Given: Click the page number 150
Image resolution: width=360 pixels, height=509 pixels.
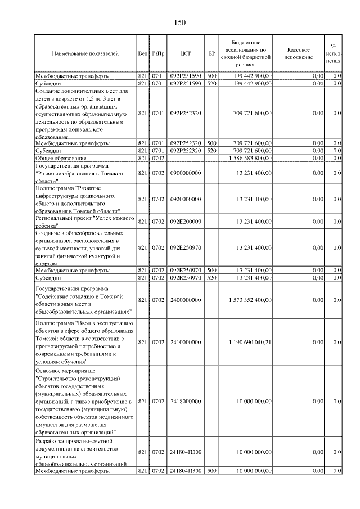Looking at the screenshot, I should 179,22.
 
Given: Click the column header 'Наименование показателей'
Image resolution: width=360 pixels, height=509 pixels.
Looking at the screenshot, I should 85,53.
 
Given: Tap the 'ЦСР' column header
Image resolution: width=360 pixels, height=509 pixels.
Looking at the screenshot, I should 186,53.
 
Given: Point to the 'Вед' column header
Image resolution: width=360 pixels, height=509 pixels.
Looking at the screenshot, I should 142,53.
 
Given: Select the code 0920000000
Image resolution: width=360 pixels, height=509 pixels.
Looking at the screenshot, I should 186,200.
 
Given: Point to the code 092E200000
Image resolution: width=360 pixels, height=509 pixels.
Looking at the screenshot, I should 186,222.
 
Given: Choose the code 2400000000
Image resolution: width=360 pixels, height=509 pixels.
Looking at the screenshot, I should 186,300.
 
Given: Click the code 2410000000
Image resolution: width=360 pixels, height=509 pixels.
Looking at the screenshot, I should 186,342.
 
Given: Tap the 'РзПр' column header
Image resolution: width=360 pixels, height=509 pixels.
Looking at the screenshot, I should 157,53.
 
